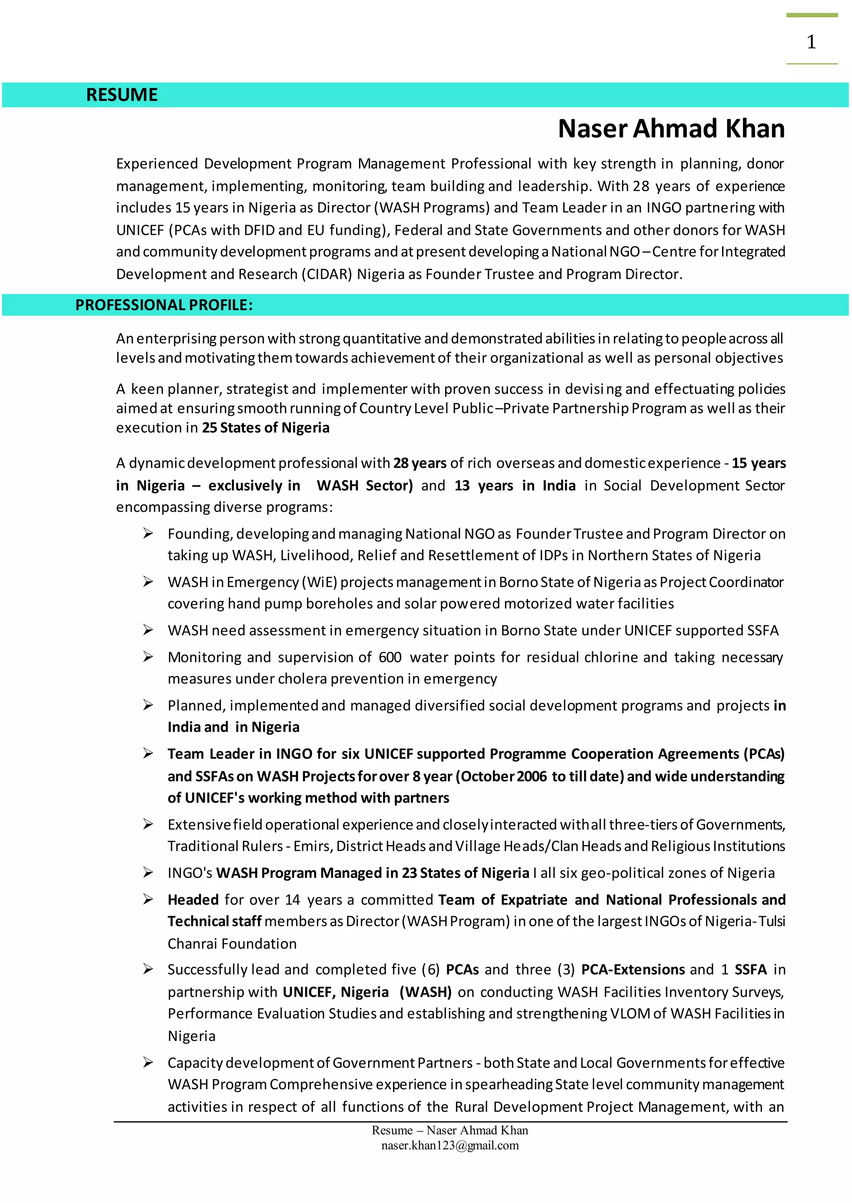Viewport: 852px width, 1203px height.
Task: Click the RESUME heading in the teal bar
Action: [122, 95]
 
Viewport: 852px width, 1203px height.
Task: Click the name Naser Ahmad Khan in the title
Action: [671, 129]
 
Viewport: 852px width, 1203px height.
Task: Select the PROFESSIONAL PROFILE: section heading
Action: [163, 305]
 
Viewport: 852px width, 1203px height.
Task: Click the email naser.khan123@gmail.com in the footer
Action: [450, 1145]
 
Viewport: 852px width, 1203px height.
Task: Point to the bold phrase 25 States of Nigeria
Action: [265, 428]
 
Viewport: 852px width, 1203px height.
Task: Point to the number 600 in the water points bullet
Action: [390, 657]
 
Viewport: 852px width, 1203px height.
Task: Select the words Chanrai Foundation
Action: [232, 944]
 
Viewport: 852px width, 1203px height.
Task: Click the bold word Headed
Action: [193, 900]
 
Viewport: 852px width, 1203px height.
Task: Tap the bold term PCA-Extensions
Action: [633, 970]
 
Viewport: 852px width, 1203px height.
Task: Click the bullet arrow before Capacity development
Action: [148, 1062]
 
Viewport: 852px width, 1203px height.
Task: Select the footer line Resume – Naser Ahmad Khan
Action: [450, 1130]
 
